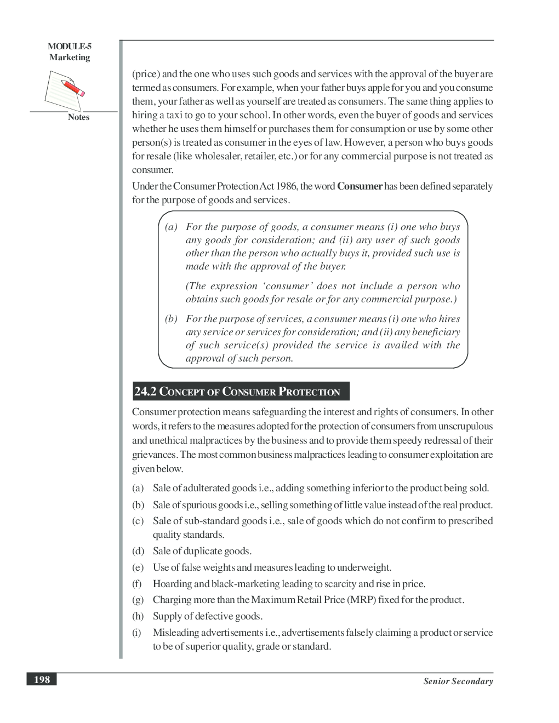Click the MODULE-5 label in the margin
pyautogui.click(x=70, y=47)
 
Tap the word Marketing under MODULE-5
pyautogui.click(x=70, y=58)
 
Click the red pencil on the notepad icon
pyautogui.click(x=72, y=88)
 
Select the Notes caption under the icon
pyautogui.click(x=78, y=117)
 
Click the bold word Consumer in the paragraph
pyautogui.click(x=360, y=186)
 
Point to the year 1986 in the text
pyautogui.click(x=287, y=186)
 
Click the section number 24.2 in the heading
pyautogui.click(x=145, y=392)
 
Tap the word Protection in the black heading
pyautogui.click(x=310, y=392)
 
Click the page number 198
pyautogui.click(x=42, y=680)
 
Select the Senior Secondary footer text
pyautogui.click(x=458, y=681)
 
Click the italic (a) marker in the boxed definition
pyautogui.click(x=171, y=227)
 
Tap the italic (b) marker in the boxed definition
pyautogui.click(x=171, y=319)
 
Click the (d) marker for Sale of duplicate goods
pyautogui.click(x=138, y=551)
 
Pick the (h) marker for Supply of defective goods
pyautogui.click(x=138, y=616)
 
